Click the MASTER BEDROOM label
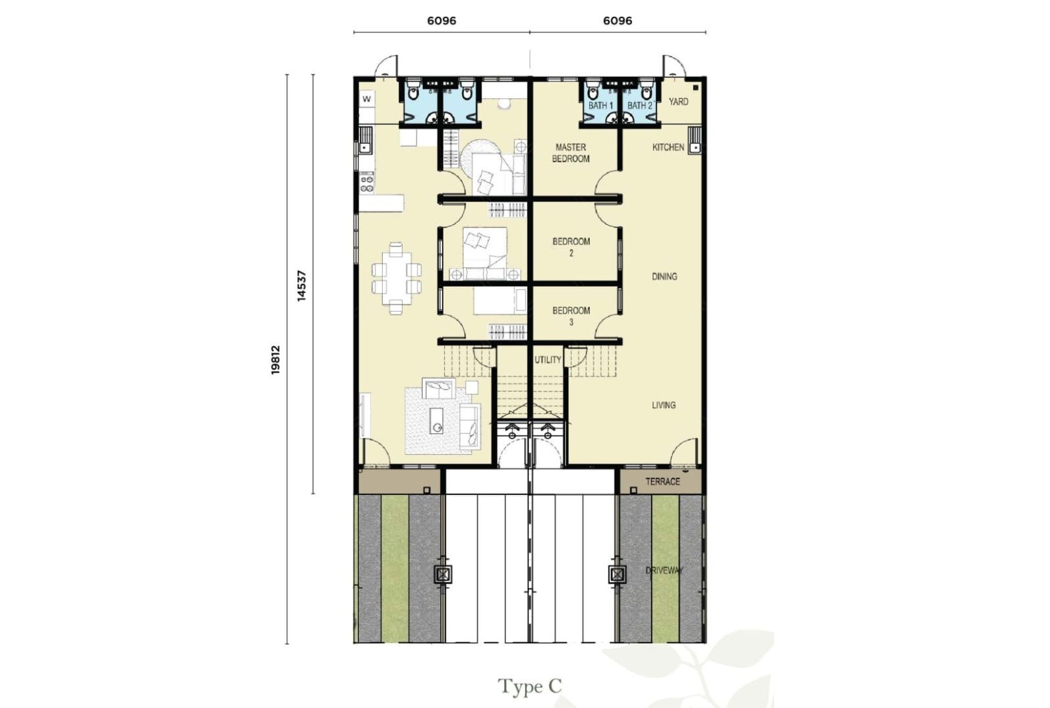pos(570,153)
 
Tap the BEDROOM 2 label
pos(571,247)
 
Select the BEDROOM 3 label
pos(571,316)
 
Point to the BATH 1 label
pos(600,106)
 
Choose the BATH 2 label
pos(640,106)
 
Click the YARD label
pos(678,102)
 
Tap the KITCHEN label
pos(668,147)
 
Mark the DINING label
pos(664,277)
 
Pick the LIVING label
pos(664,405)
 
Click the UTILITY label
pos(548,359)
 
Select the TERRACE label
pos(663,482)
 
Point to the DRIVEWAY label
pos(664,570)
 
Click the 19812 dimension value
pos(276,359)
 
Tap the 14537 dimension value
pos(301,286)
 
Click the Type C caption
pos(529,687)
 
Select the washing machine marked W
pos(367,99)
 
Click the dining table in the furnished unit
pos(396,278)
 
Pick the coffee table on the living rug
pos(436,421)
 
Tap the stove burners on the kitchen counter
pos(367,183)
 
